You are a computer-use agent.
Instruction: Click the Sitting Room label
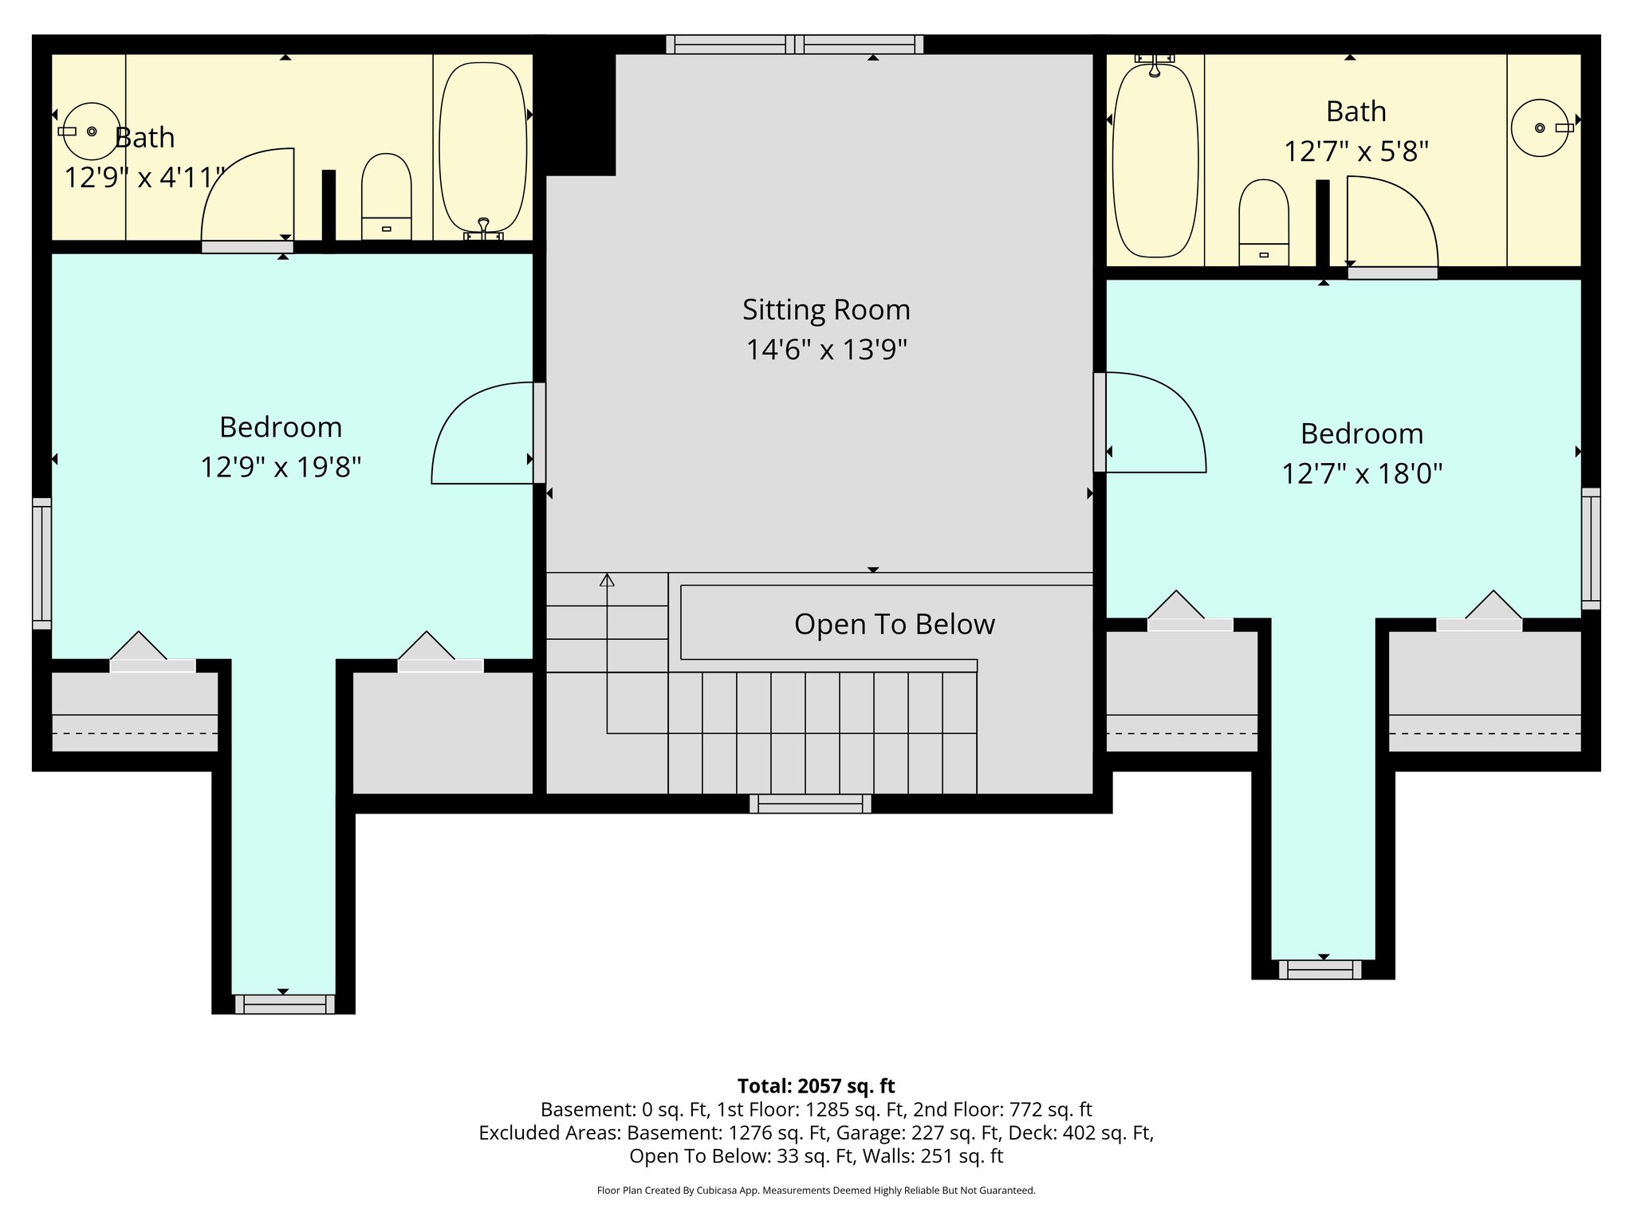pos(826,310)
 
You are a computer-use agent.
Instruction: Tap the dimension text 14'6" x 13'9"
pos(826,350)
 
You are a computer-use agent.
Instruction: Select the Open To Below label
pos(894,624)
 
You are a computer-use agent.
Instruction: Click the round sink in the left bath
pos(92,131)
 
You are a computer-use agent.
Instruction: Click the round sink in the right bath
pos(1540,127)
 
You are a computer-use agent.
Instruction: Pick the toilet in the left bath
pos(387,196)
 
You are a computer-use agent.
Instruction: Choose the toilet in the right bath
pos(1263,222)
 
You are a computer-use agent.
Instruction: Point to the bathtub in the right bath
pos(1155,159)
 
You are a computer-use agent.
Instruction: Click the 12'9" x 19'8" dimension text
pos(281,467)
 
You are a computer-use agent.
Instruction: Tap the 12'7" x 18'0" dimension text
pos(1362,474)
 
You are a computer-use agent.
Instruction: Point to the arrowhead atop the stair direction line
pos(607,579)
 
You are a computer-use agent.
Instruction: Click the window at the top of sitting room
pos(794,45)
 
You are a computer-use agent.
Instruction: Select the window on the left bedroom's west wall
pos(41,563)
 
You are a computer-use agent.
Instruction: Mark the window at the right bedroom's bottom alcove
pos(1324,970)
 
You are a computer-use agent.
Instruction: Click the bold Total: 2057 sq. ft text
pos(816,1086)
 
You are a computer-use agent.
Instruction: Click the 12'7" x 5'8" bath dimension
pos(1356,151)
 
